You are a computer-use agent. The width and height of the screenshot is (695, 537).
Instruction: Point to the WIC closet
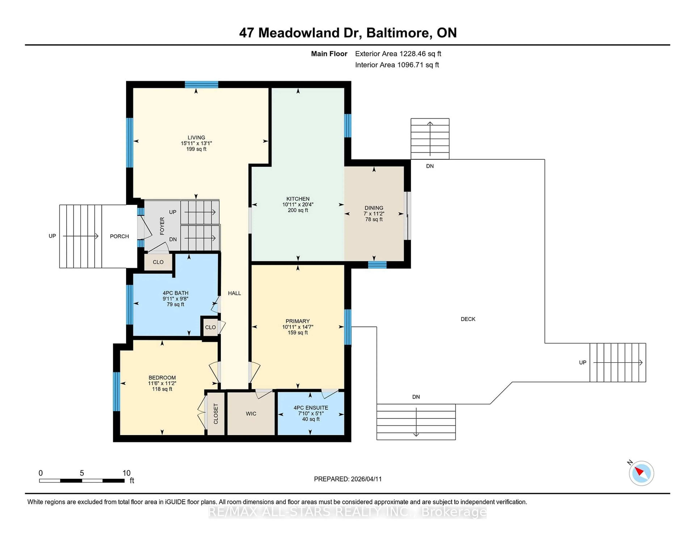(x=251, y=414)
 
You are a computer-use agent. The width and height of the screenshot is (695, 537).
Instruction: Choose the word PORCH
(x=119, y=236)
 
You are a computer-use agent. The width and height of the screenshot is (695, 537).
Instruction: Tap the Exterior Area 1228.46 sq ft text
(x=398, y=54)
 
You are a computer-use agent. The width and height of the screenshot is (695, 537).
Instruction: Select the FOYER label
(x=162, y=226)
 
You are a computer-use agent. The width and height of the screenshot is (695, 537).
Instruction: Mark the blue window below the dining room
(x=377, y=265)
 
